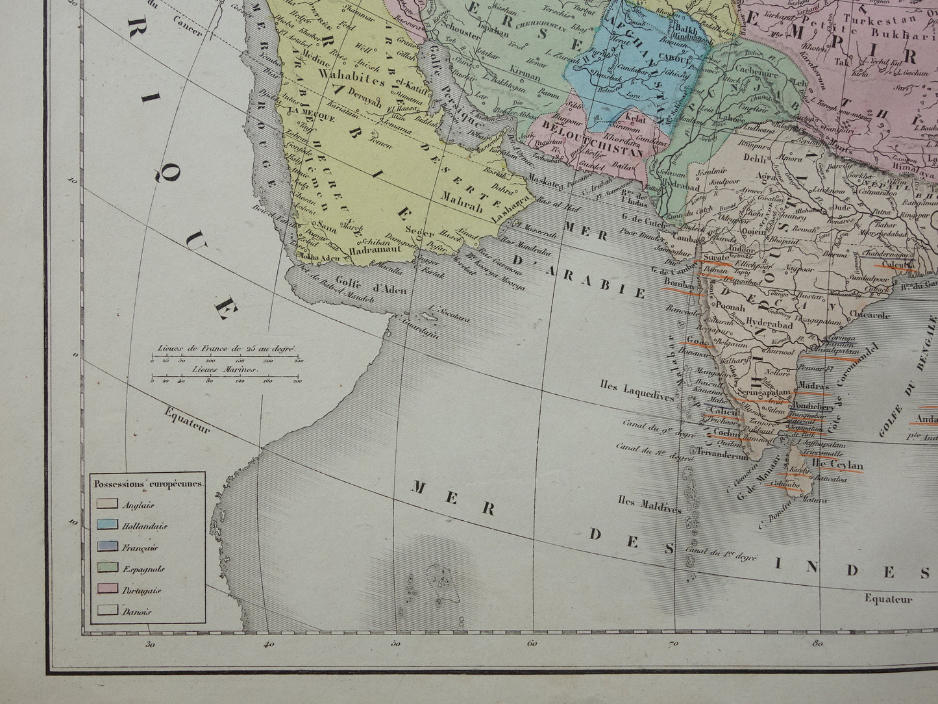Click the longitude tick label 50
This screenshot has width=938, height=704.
(x=395, y=644)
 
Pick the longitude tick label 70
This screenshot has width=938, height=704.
(x=673, y=644)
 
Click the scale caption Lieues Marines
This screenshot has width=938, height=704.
(x=224, y=368)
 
